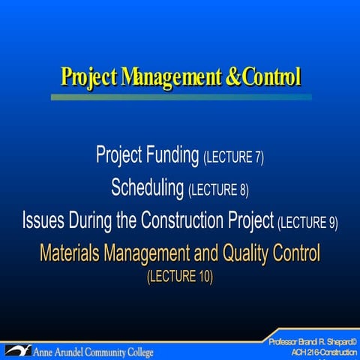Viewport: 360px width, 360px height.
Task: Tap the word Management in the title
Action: click(x=160, y=76)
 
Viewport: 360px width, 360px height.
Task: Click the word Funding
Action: click(x=169, y=156)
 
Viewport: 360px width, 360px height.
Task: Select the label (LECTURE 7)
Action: click(x=234, y=158)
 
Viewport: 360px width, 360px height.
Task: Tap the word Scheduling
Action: click(x=148, y=187)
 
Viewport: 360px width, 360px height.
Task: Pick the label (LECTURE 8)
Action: click(x=219, y=189)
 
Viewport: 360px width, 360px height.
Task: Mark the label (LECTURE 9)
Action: click(x=307, y=223)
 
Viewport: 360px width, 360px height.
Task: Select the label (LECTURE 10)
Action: click(x=180, y=277)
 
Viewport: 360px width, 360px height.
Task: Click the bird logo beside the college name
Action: click(x=17, y=349)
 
